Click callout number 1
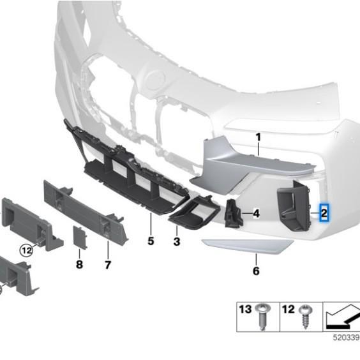(259, 137)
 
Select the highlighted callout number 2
(324, 213)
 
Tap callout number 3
(177, 241)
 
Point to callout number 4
(256, 214)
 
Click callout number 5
(151, 241)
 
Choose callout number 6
(256, 271)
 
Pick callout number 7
(108, 265)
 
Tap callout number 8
(79, 264)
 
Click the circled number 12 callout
(26, 250)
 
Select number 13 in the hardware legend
(245, 310)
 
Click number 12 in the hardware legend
(288, 310)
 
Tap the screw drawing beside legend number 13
(263, 317)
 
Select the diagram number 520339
(346, 338)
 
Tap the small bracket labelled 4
(234, 214)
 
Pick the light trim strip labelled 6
(247, 246)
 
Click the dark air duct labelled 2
(294, 206)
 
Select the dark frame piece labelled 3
(194, 213)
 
